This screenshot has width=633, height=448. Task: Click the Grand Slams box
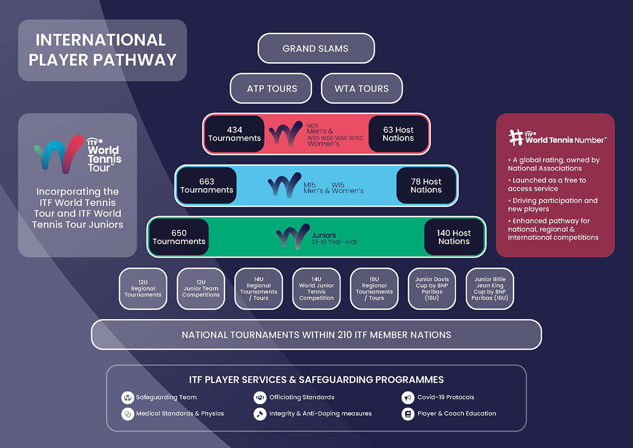point(316,49)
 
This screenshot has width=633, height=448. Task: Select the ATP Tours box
point(271,89)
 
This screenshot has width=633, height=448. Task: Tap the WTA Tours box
point(362,89)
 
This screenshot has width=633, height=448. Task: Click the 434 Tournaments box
point(234,134)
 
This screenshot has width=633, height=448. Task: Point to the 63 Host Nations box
point(398,134)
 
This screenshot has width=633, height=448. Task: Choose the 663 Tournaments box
point(207,186)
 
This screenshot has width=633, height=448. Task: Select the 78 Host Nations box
point(426,186)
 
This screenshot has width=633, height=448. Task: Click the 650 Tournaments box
point(179,237)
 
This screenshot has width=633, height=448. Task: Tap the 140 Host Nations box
point(453,237)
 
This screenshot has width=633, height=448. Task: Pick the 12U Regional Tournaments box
point(143,289)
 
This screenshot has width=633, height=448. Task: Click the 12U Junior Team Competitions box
point(201,289)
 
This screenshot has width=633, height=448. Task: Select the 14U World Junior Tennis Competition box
point(316,289)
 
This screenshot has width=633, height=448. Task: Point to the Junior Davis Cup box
point(432,289)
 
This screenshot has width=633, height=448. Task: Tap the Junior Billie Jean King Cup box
point(490,289)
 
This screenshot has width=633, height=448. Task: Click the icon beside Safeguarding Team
point(128,398)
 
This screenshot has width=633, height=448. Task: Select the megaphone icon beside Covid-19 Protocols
point(407,398)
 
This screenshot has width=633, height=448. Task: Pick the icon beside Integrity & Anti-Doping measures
point(260,414)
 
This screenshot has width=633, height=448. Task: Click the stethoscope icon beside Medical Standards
point(128,414)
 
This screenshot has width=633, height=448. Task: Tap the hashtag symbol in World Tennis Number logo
point(516,138)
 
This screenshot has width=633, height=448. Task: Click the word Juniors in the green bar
point(324,235)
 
